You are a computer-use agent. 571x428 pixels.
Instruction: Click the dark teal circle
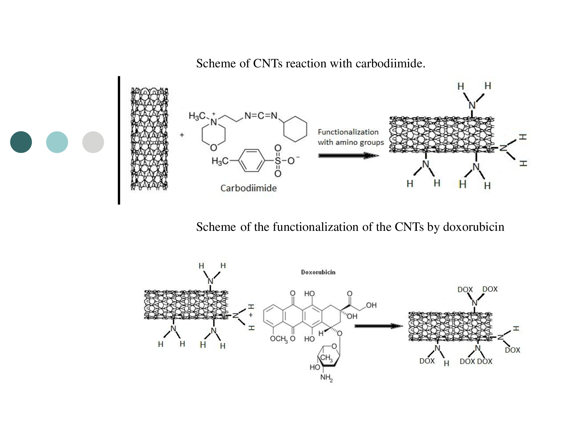point(21,142)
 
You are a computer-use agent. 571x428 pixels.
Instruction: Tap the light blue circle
point(57,142)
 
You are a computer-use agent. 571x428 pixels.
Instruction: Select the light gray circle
point(93,142)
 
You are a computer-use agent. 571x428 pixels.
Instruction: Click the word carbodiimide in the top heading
point(390,63)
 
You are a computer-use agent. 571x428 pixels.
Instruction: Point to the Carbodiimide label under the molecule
point(248,188)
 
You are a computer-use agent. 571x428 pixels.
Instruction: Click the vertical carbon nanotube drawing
point(149,139)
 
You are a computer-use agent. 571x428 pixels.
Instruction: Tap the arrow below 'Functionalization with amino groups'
point(349,156)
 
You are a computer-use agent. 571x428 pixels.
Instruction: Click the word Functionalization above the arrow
point(348,132)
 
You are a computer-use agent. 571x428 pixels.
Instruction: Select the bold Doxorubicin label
point(318,272)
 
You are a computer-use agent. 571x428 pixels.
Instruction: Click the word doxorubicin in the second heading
point(474,227)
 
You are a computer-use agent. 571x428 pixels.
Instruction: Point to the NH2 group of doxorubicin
point(326,378)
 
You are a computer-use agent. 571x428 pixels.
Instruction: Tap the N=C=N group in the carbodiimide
point(261,116)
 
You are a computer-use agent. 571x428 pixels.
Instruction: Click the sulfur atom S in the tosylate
point(278,161)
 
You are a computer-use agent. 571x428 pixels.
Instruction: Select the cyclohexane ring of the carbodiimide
point(295,129)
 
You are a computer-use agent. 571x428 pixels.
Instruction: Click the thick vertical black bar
point(119,140)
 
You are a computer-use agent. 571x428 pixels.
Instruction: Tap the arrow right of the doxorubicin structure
point(379,326)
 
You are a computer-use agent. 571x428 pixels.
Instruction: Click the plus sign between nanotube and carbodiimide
point(182,135)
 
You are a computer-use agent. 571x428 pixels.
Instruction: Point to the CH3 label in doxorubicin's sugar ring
point(326,358)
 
